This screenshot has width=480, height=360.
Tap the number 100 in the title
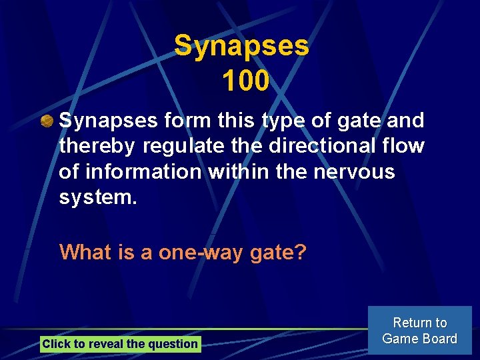point(245,81)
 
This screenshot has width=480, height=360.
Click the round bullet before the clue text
point(46,121)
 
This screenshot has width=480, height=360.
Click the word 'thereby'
point(99,146)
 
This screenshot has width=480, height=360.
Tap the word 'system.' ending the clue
point(98,197)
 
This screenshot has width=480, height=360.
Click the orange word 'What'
point(85,252)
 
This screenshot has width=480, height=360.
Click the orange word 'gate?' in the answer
point(278,252)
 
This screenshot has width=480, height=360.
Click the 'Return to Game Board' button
point(419,331)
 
